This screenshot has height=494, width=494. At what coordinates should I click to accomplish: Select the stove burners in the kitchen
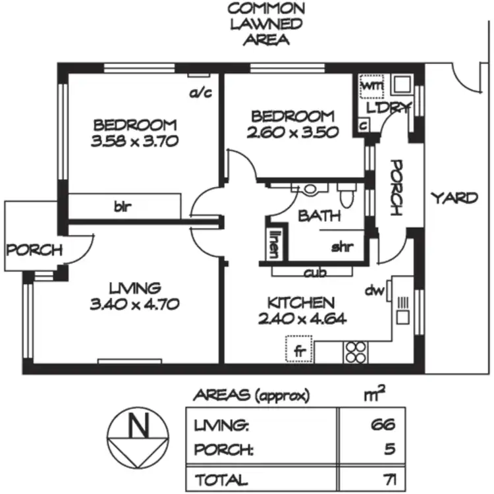point(356,352)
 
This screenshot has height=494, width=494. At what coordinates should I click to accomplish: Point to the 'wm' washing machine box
point(372,86)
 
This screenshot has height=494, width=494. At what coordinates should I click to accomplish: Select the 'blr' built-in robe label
point(123,207)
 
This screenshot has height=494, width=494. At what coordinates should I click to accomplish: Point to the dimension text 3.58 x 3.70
point(135,140)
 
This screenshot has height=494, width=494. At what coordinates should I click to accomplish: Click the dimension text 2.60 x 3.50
point(293,132)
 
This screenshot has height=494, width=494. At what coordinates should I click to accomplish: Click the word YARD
point(454,198)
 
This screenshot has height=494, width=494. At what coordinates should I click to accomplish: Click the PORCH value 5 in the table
point(389,451)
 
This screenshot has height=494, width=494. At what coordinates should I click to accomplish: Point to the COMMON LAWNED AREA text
point(265,24)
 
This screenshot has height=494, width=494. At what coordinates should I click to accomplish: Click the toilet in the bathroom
point(346,196)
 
